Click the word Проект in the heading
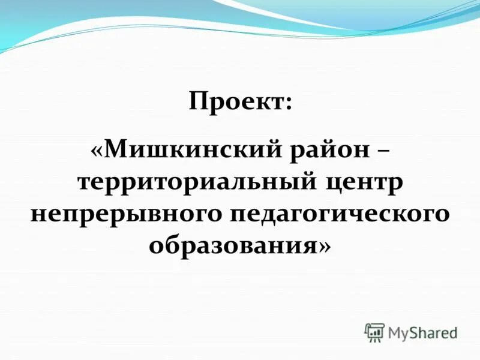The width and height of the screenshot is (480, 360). click(236, 100)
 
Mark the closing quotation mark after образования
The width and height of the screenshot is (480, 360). click(325, 245)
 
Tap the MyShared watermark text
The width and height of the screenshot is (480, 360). click(422, 332)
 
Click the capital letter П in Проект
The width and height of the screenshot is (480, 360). click(199, 100)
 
